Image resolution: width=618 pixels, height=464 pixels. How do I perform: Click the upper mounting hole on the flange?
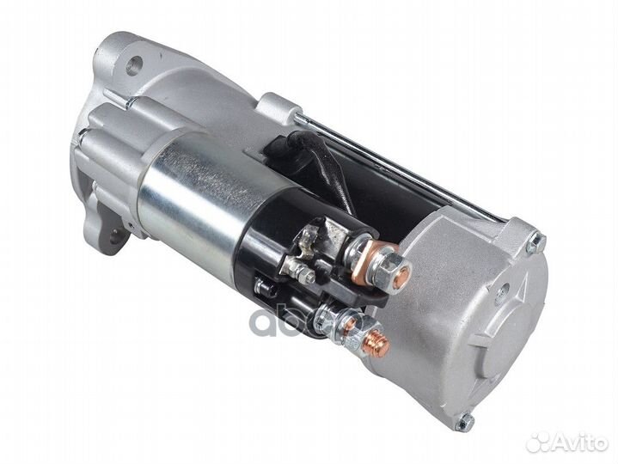135,64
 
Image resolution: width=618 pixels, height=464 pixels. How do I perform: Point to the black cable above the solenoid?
331,172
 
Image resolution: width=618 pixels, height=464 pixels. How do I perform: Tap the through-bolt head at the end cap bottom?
466,422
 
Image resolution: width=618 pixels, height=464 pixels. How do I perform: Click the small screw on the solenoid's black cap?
306,275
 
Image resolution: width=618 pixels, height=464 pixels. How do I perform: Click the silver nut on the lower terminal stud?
331,321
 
